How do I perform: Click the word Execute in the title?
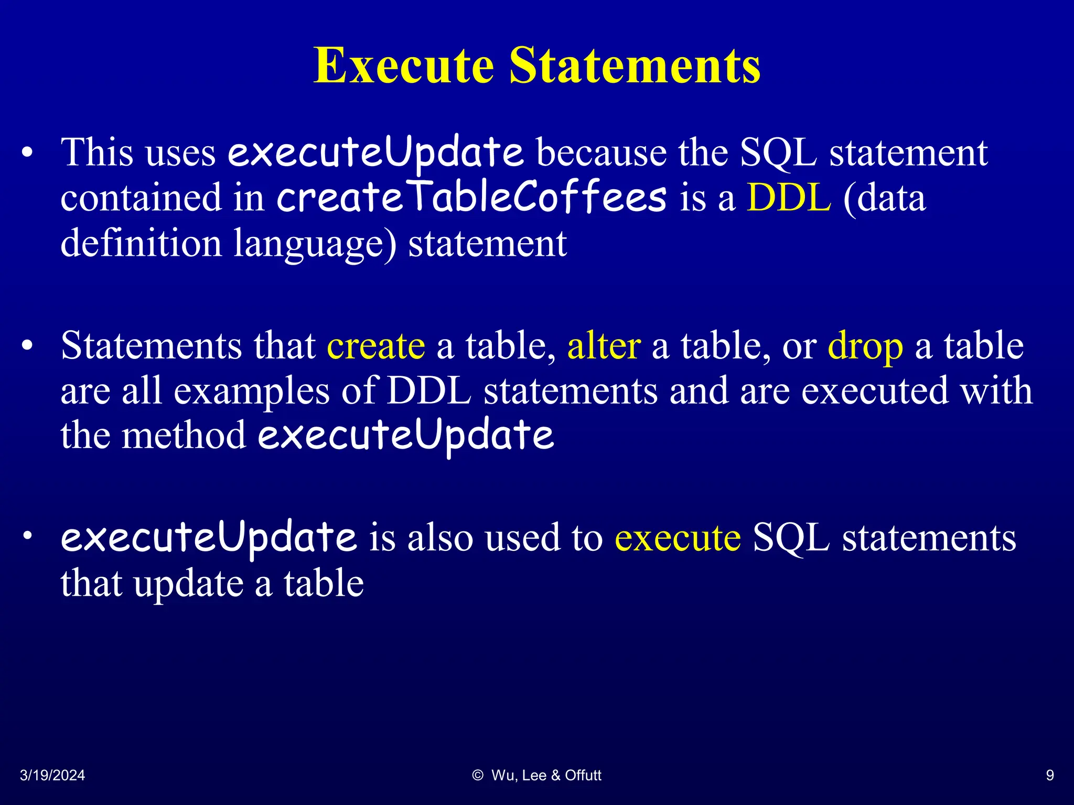(x=404, y=66)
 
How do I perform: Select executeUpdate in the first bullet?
(x=375, y=153)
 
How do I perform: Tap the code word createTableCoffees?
(x=471, y=198)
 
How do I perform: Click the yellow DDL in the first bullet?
(x=789, y=198)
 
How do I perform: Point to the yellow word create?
(x=375, y=346)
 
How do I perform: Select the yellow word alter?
(x=604, y=346)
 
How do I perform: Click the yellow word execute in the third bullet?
(x=678, y=538)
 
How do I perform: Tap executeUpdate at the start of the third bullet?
(x=208, y=538)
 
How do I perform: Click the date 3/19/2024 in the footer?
(x=52, y=775)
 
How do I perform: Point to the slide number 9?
(x=1050, y=775)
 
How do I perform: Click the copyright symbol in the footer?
(x=477, y=775)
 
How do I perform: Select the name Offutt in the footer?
(x=583, y=775)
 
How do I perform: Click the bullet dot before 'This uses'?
(x=27, y=154)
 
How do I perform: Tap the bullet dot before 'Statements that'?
(x=27, y=346)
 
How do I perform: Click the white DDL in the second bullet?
(x=429, y=391)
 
